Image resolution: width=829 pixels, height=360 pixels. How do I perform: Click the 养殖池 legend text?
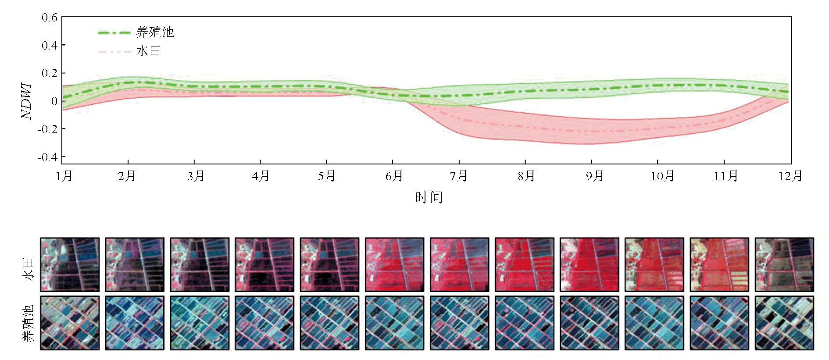[155, 32]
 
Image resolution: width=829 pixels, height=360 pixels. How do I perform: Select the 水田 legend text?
[148, 51]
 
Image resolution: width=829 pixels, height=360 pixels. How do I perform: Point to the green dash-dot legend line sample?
[114, 32]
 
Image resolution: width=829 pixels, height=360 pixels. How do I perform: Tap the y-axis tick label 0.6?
[50, 18]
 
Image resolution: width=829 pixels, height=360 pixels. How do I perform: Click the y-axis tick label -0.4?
[47, 157]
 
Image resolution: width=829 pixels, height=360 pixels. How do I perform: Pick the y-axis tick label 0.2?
[50, 73]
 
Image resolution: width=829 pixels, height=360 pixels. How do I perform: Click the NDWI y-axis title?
[26, 101]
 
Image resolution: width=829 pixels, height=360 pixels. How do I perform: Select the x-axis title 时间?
[429, 197]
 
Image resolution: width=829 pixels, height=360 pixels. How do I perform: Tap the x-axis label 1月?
[64, 176]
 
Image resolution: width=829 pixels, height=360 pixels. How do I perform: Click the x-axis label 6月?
[394, 176]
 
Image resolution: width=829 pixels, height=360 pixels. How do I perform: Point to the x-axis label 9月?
[594, 176]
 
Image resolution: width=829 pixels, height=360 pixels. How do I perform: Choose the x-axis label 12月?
[790, 176]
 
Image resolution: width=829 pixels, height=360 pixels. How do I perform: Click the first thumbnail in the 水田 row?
[70, 265]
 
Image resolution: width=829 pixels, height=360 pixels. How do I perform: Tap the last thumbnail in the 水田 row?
[784, 265]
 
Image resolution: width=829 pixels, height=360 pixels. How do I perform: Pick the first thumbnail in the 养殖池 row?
[70, 323]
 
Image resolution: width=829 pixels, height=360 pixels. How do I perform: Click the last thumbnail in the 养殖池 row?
[784, 323]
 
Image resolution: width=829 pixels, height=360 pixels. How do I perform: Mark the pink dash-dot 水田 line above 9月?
[592, 131]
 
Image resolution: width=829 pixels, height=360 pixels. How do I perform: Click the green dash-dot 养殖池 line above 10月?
[657, 85]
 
